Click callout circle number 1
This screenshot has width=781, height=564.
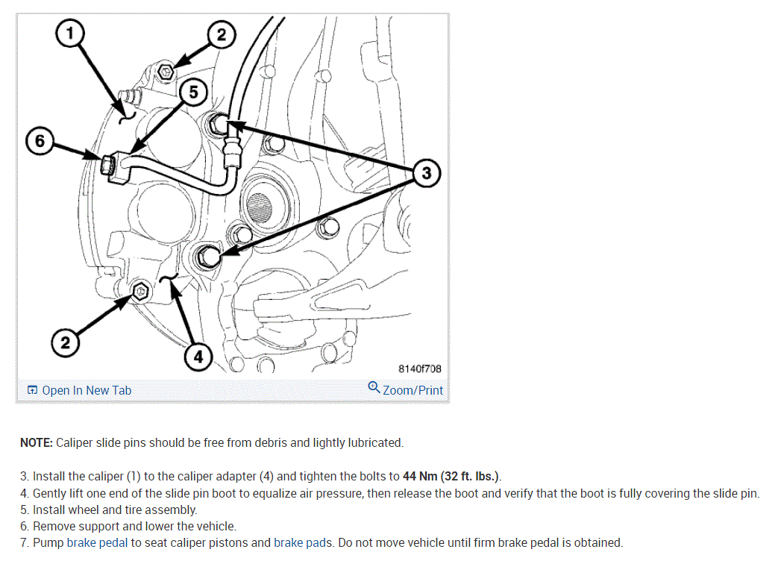[x=69, y=33]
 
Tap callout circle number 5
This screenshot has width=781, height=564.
[x=192, y=93]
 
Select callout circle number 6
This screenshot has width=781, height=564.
[x=40, y=141]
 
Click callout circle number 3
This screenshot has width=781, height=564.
[x=427, y=173]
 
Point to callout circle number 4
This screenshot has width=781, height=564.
[x=198, y=357]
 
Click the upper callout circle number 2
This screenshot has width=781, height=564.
[x=221, y=34]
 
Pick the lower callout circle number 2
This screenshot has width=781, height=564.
[x=65, y=342]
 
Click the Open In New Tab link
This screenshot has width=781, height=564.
[x=87, y=390]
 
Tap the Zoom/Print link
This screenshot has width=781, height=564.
[x=413, y=390]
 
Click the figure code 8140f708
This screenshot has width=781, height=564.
[x=419, y=369]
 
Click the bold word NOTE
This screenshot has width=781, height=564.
[x=37, y=442]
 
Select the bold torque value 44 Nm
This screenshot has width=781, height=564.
[x=420, y=476]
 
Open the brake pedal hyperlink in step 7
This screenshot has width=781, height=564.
[x=97, y=542]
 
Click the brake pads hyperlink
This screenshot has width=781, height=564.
[x=302, y=542]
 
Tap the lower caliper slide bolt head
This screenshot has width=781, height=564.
[x=141, y=291]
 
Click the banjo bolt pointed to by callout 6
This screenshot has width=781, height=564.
[x=107, y=165]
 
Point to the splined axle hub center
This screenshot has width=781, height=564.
[x=259, y=206]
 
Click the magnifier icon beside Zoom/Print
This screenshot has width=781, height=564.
[x=374, y=387]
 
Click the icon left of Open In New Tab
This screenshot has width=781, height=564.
[x=32, y=390]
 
